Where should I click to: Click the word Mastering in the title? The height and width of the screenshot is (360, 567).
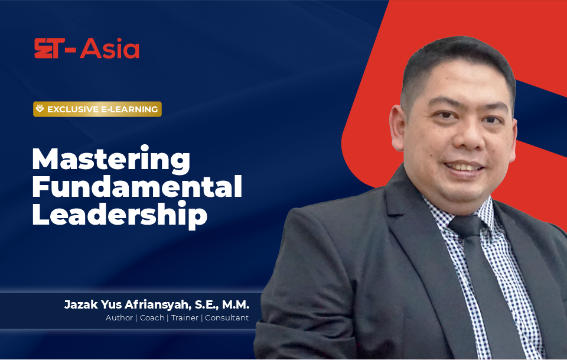[111, 160]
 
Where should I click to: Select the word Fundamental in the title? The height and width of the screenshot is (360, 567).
[137, 186]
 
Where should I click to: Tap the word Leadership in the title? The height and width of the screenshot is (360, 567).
[120, 215]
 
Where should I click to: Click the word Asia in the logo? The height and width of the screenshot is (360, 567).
[110, 48]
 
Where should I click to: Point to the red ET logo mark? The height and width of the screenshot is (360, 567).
[50, 48]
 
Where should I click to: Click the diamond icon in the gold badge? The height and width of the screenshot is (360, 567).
[40, 109]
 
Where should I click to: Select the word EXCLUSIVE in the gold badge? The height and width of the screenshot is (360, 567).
[73, 109]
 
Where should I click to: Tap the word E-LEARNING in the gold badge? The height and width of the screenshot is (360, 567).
[129, 109]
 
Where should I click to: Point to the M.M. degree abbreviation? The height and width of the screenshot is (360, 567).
[236, 304]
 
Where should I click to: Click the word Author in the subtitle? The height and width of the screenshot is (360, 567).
[119, 317]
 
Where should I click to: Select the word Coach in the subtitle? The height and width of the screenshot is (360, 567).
[152, 317]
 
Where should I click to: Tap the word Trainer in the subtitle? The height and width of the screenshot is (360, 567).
[185, 317]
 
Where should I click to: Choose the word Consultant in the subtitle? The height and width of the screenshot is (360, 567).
[227, 317]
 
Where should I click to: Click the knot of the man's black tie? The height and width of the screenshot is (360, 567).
[467, 226]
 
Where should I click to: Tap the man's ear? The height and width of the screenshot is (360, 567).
[397, 128]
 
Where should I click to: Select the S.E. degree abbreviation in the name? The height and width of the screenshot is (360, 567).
[207, 304]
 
